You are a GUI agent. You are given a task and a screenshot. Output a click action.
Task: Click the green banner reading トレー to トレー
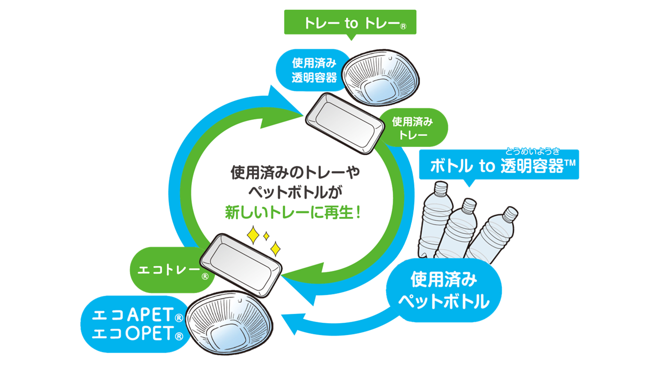pyautogui.click(x=350, y=24)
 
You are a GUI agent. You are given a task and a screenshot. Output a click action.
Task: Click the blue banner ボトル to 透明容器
pyautogui.click(x=498, y=166)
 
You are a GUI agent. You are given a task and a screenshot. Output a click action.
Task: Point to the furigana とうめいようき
pyautogui.click(x=532, y=151)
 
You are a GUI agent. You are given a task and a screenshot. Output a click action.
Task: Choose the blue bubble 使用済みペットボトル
pyautogui.click(x=444, y=291)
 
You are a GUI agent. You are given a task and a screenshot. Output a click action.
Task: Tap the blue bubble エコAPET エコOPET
pyautogui.click(x=135, y=324)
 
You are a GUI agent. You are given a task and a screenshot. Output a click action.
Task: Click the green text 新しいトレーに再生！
pyautogui.click(x=293, y=212)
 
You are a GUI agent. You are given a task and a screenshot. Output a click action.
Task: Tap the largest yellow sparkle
pyautogui.click(x=253, y=236)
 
